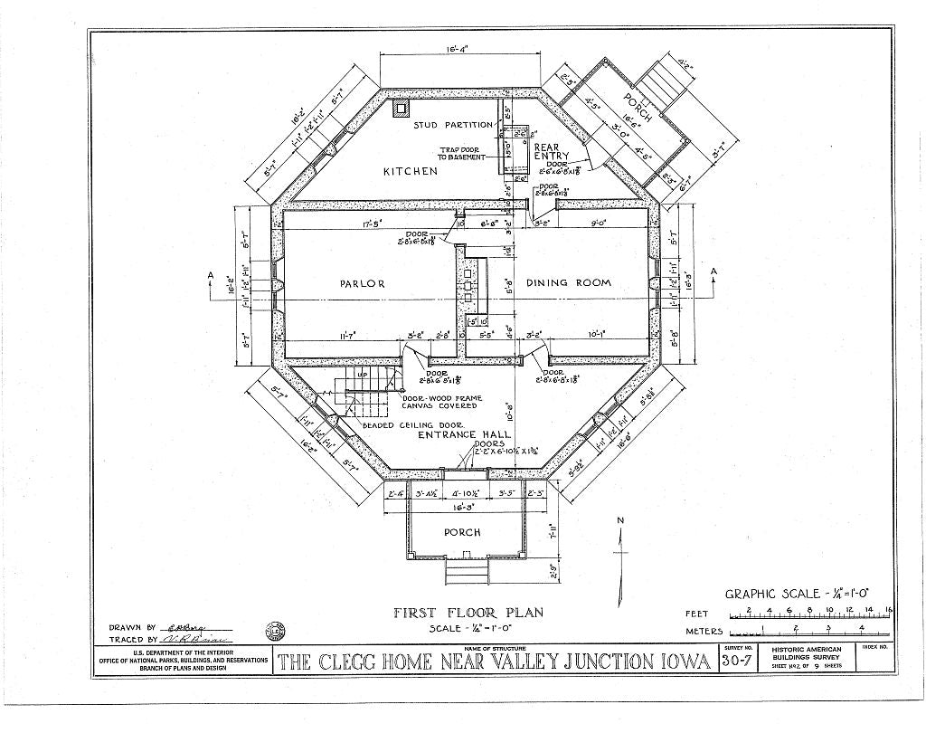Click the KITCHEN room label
[410, 171]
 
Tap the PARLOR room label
[362, 283]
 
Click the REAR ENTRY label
[546, 151]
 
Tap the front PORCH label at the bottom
[461, 532]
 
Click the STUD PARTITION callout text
[453, 125]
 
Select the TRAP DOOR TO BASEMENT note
[463, 154]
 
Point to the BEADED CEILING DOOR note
[412, 424]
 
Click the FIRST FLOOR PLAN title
[468, 613]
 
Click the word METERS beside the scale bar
[704, 631]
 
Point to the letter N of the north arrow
[620, 520]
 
